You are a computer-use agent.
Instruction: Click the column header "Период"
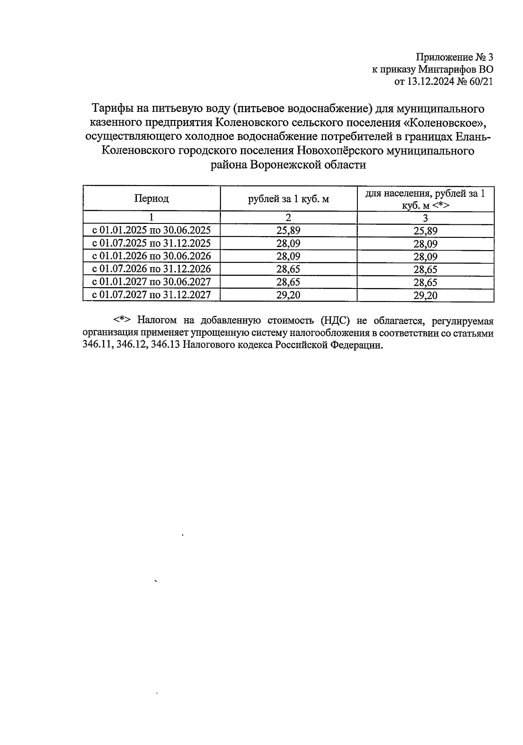(151, 199)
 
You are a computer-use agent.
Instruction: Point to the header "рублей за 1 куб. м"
(289, 199)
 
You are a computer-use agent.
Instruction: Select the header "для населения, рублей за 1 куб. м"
(425, 199)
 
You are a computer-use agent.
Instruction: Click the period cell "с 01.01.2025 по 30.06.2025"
(151, 230)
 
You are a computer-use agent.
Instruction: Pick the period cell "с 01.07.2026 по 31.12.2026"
(151, 269)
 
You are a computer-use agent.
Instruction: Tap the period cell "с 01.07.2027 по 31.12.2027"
(151, 295)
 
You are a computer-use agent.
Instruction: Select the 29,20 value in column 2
(289, 295)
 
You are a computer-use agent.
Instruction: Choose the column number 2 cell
(289, 218)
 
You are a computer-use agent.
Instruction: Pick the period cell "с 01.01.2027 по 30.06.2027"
(151, 282)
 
